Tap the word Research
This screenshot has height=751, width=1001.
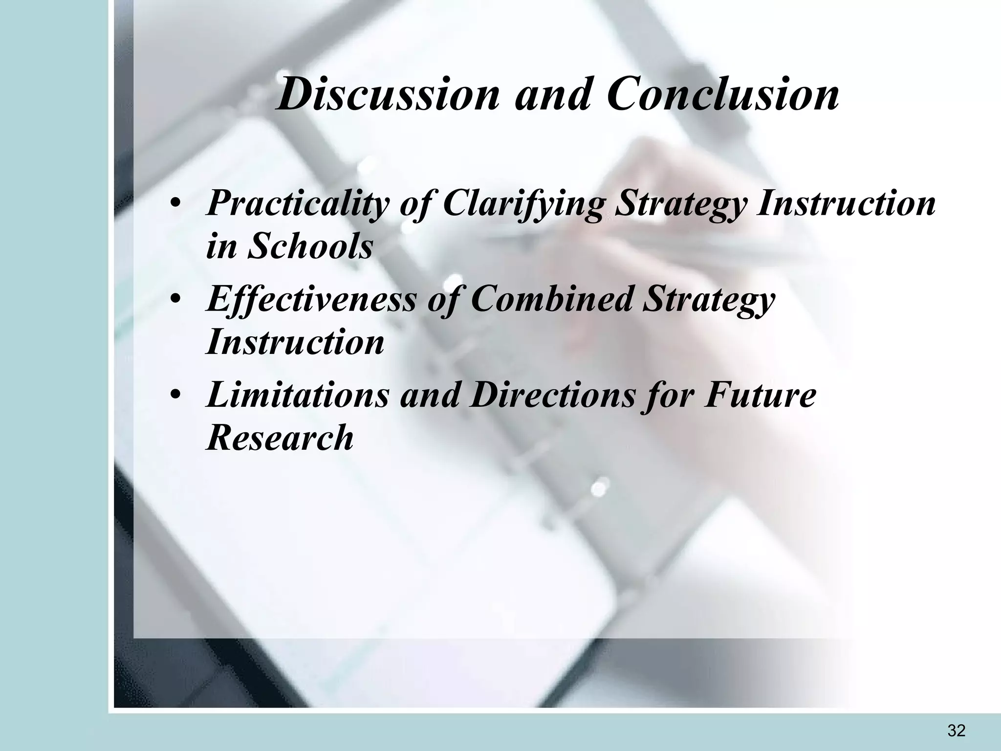(x=280, y=437)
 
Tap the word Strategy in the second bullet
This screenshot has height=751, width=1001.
(x=708, y=299)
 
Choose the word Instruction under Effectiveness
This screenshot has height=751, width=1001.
(x=295, y=342)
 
